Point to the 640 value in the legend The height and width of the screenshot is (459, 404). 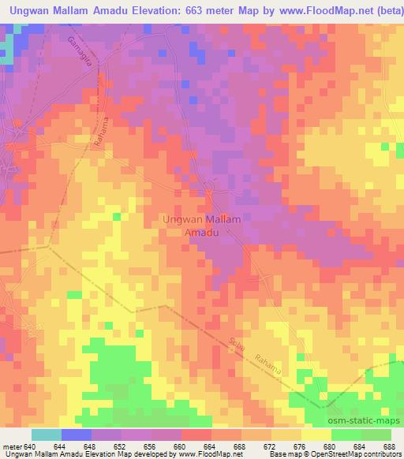tap(29, 446)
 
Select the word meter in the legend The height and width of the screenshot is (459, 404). tap(11, 446)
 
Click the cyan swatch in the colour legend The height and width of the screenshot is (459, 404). tap(46, 435)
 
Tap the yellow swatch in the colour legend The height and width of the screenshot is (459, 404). tap(315, 435)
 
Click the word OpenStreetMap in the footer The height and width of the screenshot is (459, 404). tap(335, 454)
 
